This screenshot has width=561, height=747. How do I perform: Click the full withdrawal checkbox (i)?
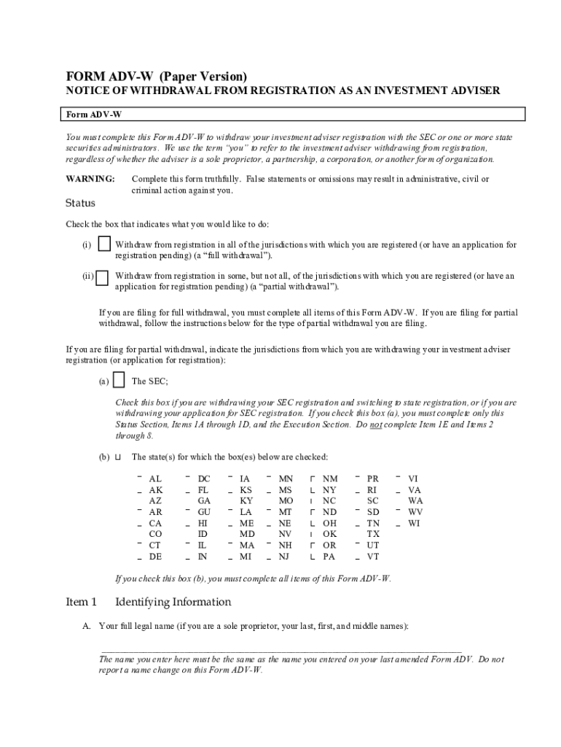(105, 244)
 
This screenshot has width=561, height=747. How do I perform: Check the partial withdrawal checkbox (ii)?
(103, 278)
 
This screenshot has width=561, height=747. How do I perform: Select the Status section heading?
(80, 203)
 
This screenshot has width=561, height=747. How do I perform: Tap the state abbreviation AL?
(155, 479)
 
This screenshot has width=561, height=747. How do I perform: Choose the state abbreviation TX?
(373, 534)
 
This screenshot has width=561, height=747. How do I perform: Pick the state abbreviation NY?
(330, 490)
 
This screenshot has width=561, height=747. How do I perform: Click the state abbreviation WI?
(415, 523)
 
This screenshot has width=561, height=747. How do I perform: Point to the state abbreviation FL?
(204, 490)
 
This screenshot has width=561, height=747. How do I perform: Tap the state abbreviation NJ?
(286, 557)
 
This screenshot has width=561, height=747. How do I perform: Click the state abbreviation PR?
(373, 479)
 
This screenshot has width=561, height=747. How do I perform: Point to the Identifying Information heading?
(173, 602)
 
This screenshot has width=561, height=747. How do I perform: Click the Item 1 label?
(82, 602)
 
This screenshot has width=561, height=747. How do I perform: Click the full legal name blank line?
(280, 648)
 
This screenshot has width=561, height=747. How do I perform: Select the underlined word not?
(375, 424)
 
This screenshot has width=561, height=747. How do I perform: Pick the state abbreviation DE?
(155, 557)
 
